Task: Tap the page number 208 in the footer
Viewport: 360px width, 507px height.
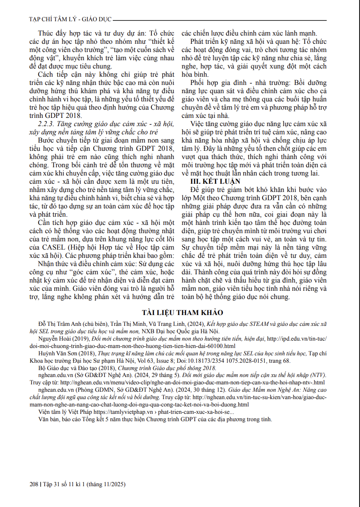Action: point(35,484)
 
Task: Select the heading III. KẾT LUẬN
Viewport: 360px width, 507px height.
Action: point(216,182)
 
